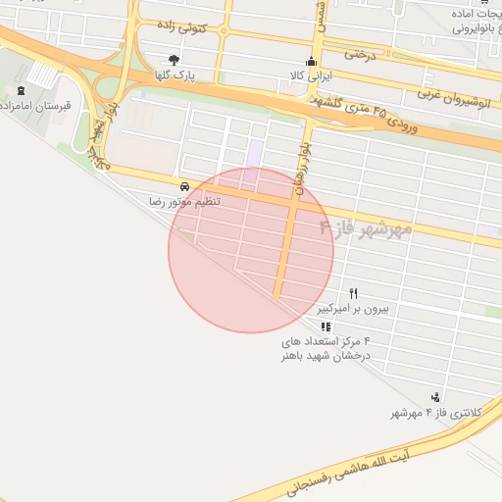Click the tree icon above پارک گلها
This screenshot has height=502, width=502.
pos(175,60)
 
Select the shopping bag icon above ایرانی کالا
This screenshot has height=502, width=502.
pos(313,61)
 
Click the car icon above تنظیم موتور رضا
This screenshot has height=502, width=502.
pos(183,185)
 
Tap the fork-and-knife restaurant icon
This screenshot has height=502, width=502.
pos(354,293)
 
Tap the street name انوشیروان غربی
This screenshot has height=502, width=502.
pos(453,101)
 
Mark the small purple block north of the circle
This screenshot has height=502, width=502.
pos(256,153)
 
